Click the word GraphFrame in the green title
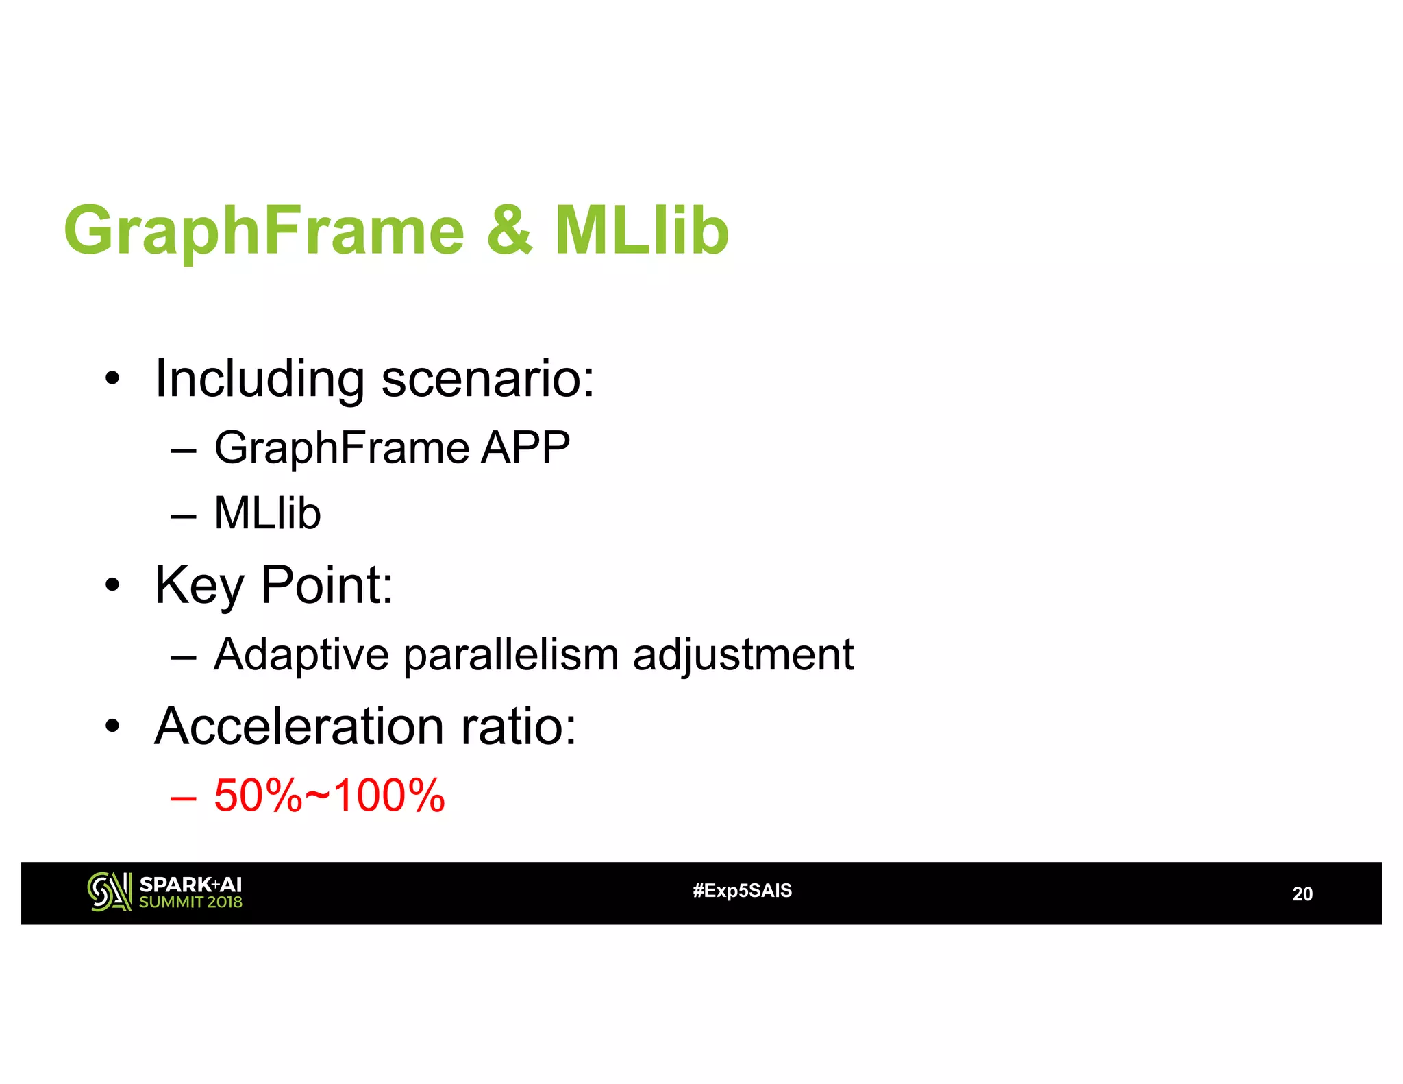click(264, 232)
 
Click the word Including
click(259, 379)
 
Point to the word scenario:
click(488, 379)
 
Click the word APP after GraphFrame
click(525, 447)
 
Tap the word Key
click(199, 587)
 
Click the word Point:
click(327, 585)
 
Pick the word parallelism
click(511, 655)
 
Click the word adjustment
click(743, 655)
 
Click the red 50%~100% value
click(330, 796)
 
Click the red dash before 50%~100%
click(184, 798)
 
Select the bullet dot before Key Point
click(112, 587)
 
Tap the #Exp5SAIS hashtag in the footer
click(742, 891)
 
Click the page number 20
click(1302, 894)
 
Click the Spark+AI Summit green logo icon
click(109, 891)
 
